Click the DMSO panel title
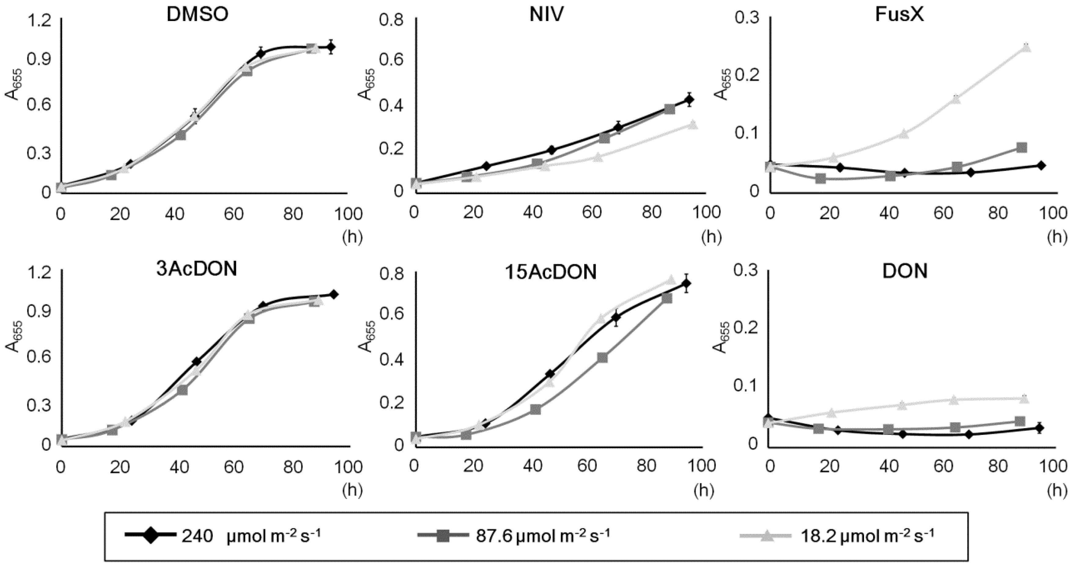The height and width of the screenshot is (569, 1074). tap(197, 15)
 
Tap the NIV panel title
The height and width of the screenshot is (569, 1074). tap(546, 15)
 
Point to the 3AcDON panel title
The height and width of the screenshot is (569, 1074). tap(196, 270)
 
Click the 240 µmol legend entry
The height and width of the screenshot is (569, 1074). tap(223, 536)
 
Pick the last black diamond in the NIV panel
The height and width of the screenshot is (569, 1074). tap(689, 100)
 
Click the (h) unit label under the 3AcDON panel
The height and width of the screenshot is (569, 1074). tap(352, 491)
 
